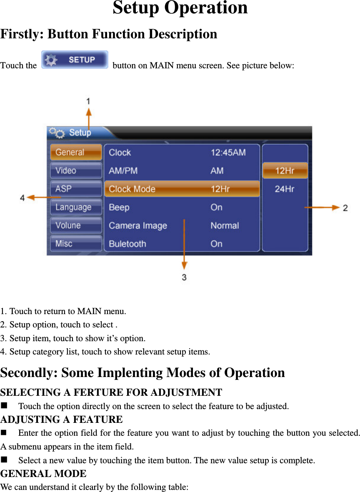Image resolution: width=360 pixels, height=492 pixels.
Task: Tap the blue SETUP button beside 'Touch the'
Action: (75, 60)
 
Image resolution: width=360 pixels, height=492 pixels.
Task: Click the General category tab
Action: (76, 152)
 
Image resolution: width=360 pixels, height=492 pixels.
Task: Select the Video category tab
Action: (76, 171)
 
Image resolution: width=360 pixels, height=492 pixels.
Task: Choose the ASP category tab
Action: (76, 189)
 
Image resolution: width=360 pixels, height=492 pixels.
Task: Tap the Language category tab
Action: (76, 207)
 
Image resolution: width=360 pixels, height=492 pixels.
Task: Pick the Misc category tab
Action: (76, 244)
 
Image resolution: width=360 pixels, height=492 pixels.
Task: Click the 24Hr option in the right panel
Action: (285, 189)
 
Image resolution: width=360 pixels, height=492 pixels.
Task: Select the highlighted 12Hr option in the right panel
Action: (285, 171)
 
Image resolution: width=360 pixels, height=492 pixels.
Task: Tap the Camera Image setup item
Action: (138, 226)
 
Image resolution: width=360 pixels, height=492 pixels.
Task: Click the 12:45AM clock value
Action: (228, 152)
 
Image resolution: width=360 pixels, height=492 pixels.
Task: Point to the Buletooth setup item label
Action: (127, 244)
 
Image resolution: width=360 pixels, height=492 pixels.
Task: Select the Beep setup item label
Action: (119, 207)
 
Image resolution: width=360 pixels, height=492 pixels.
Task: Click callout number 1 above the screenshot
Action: (88, 101)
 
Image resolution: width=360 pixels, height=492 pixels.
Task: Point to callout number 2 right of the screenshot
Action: (345, 207)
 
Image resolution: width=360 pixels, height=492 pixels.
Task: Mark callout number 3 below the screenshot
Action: (184, 277)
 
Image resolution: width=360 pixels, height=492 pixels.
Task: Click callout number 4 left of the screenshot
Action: (22, 198)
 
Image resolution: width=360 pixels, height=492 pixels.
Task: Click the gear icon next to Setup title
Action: (57, 133)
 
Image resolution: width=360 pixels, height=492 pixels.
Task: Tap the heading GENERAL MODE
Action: (43, 474)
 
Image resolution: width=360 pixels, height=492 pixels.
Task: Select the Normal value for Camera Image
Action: (225, 226)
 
